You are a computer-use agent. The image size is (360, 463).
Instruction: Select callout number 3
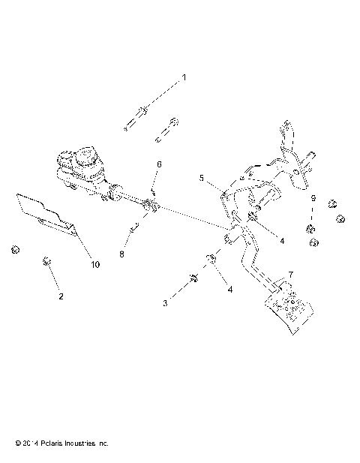tap(166, 302)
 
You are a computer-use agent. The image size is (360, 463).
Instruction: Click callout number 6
tap(158, 164)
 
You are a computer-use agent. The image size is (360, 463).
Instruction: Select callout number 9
tap(313, 198)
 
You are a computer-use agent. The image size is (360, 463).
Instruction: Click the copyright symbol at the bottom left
tap(7, 443)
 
